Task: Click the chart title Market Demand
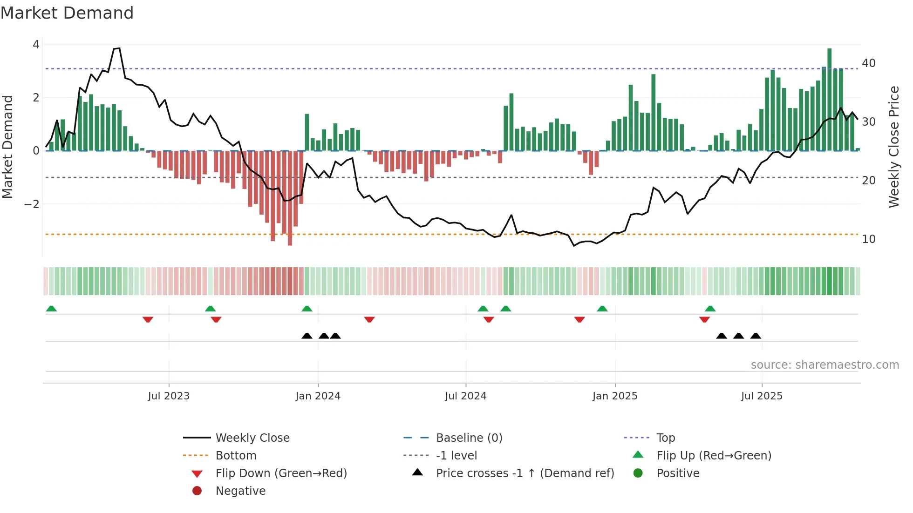coord(67,13)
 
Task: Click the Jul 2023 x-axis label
coord(169,396)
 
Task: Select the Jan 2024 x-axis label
coord(318,396)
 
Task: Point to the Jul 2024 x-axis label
coord(465,396)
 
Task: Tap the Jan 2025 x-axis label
coord(615,396)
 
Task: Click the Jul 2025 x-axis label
coord(762,396)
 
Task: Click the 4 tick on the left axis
coord(36,45)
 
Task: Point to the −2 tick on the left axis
coord(32,204)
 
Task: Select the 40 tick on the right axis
coord(869,63)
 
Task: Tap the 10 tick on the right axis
coord(869,239)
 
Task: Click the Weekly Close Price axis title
coord(893,147)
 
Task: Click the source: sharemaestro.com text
coord(824,365)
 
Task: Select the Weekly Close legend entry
coord(252,438)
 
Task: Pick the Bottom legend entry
coord(236,456)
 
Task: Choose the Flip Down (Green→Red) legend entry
coord(281,473)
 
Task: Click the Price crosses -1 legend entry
coord(525,473)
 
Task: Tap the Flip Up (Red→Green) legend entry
coord(714,456)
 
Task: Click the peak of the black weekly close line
coord(119,48)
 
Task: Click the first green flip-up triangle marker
coord(51,309)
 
